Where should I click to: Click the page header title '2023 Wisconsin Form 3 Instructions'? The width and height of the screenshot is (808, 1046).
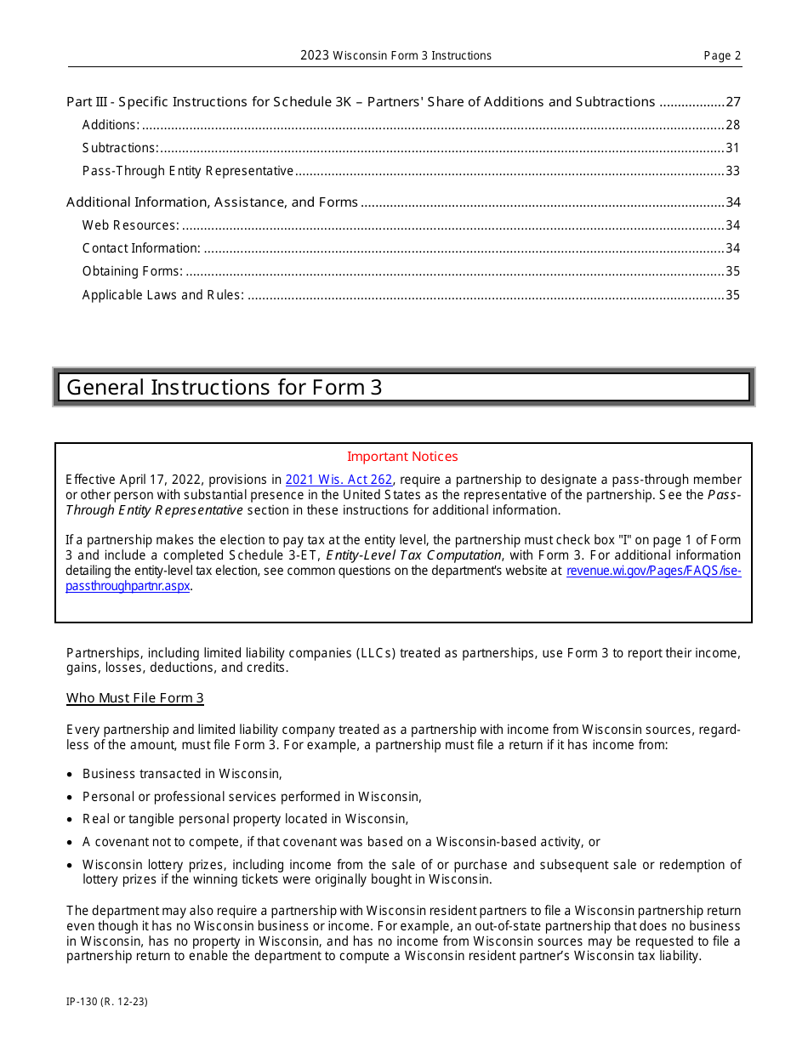(x=395, y=56)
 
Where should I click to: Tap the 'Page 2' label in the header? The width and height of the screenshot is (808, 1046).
(x=722, y=56)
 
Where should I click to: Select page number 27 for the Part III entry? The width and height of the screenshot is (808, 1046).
(x=733, y=102)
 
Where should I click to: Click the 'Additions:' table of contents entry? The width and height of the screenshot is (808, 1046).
(x=111, y=125)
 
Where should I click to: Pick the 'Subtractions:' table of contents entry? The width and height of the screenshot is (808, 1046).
(x=120, y=148)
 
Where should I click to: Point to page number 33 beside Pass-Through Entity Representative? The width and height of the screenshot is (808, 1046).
(x=733, y=171)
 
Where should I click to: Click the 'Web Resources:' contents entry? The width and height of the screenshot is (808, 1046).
(x=130, y=225)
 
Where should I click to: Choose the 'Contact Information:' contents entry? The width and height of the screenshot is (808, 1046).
(x=141, y=248)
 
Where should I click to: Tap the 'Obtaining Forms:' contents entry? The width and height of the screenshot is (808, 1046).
(x=132, y=271)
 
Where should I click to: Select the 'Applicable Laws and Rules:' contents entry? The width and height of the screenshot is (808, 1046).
(x=162, y=295)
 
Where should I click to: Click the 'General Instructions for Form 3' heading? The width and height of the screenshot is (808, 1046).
(x=225, y=388)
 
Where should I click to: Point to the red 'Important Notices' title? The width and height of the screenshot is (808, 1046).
(x=402, y=457)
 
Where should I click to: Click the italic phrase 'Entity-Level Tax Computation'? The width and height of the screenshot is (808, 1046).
(x=413, y=555)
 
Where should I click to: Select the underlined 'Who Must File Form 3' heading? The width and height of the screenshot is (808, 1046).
(x=135, y=698)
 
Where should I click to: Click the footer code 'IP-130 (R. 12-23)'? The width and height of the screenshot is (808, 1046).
(x=107, y=1002)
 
